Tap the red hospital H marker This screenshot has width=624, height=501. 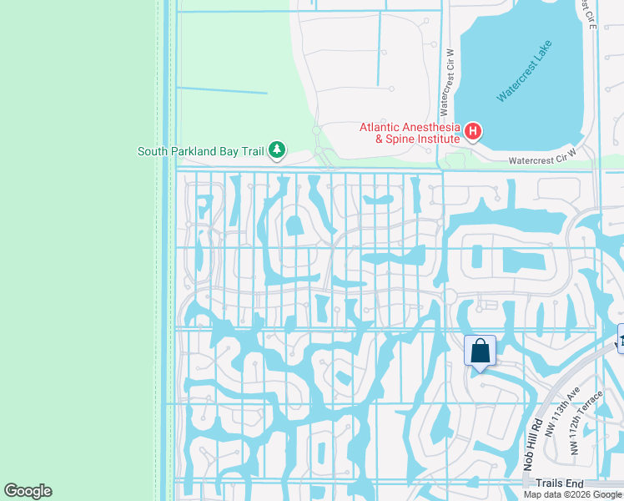tap(473, 131)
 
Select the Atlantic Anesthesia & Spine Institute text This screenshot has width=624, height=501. tap(410, 133)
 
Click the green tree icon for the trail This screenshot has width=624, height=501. tap(277, 151)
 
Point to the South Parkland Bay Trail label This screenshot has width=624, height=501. tap(200, 152)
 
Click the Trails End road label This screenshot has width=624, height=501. tap(560, 483)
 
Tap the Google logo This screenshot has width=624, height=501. tap(28, 490)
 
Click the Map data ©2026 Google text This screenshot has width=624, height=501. tap(572, 494)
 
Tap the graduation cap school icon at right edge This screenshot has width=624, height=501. tap(621, 336)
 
